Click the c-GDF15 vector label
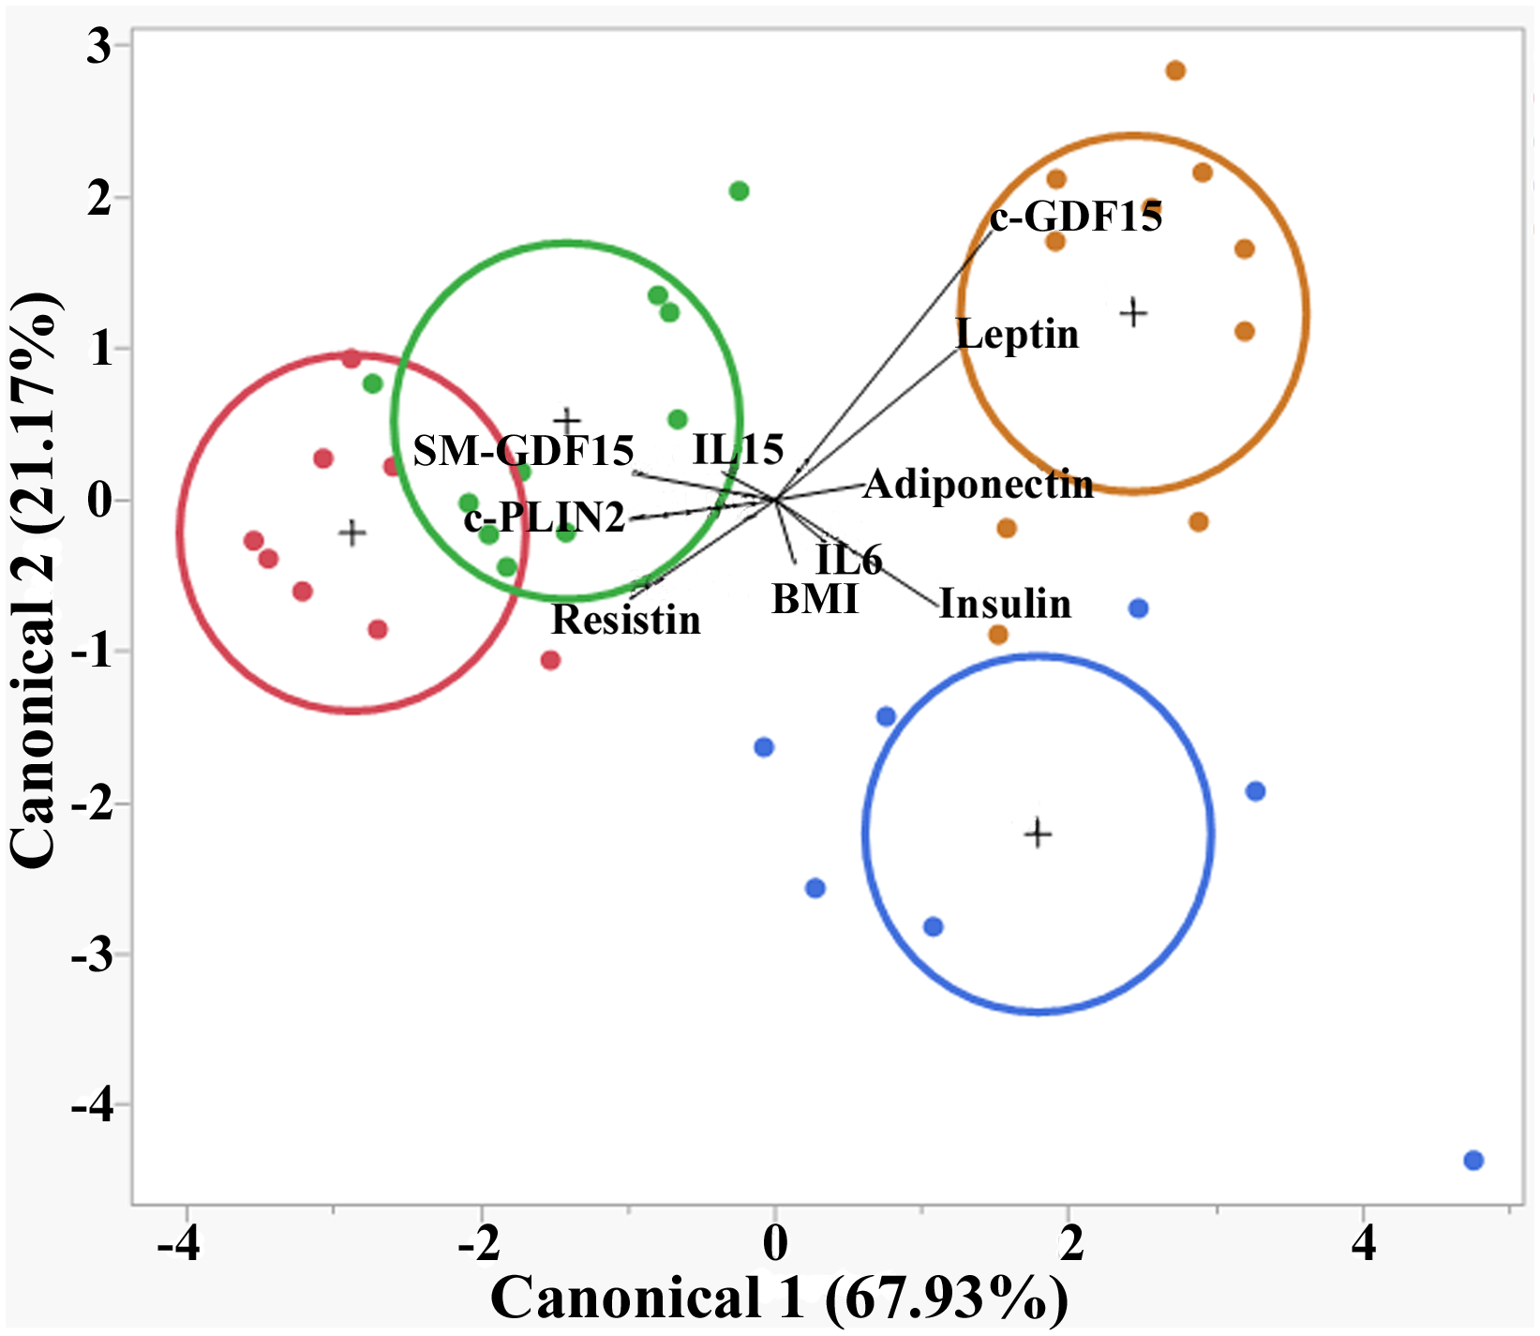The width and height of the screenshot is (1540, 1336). click(x=1076, y=218)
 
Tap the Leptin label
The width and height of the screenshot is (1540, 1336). click(x=1017, y=334)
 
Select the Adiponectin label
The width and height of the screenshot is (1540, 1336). click(x=978, y=485)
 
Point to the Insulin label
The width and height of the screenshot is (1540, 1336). click(x=1005, y=604)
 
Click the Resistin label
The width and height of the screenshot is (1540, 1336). click(x=625, y=620)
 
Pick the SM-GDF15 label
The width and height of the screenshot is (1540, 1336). click(x=523, y=451)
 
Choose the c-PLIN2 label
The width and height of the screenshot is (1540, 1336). click(x=544, y=518)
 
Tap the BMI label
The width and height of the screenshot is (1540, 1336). click(x=815, y=599)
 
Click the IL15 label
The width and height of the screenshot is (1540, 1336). click(x=738, y=450)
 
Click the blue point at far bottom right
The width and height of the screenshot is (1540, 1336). click(x=1473, y=1161)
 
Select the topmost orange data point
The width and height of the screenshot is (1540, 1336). click(x=1175, y=71)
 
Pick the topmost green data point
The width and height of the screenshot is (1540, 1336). click(x=739, y=191)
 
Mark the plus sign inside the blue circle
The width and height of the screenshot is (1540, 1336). click(x=1038, y=833)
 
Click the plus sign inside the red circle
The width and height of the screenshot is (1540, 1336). click(x=351, y=533)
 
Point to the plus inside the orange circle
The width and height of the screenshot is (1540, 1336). click(x=1134, y=312)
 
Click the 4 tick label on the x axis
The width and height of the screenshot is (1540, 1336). click(x=1363, y=1243)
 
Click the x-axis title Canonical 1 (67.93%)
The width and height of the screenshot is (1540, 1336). click(x=778, y=1298)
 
